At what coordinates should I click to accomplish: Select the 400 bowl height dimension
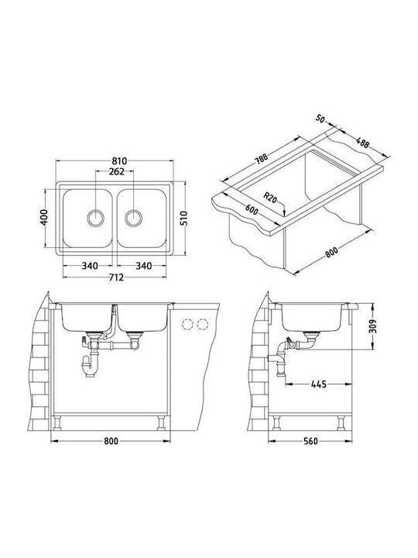(44, 217)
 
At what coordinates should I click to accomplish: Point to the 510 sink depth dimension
(183, 218)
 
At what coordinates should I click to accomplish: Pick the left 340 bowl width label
(90, 266)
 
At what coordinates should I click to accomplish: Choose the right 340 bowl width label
(144, 266)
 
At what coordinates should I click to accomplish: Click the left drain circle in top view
(96, 218)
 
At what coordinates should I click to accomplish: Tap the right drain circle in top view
(134, 218)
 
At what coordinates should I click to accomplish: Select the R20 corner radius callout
(270, 197)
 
